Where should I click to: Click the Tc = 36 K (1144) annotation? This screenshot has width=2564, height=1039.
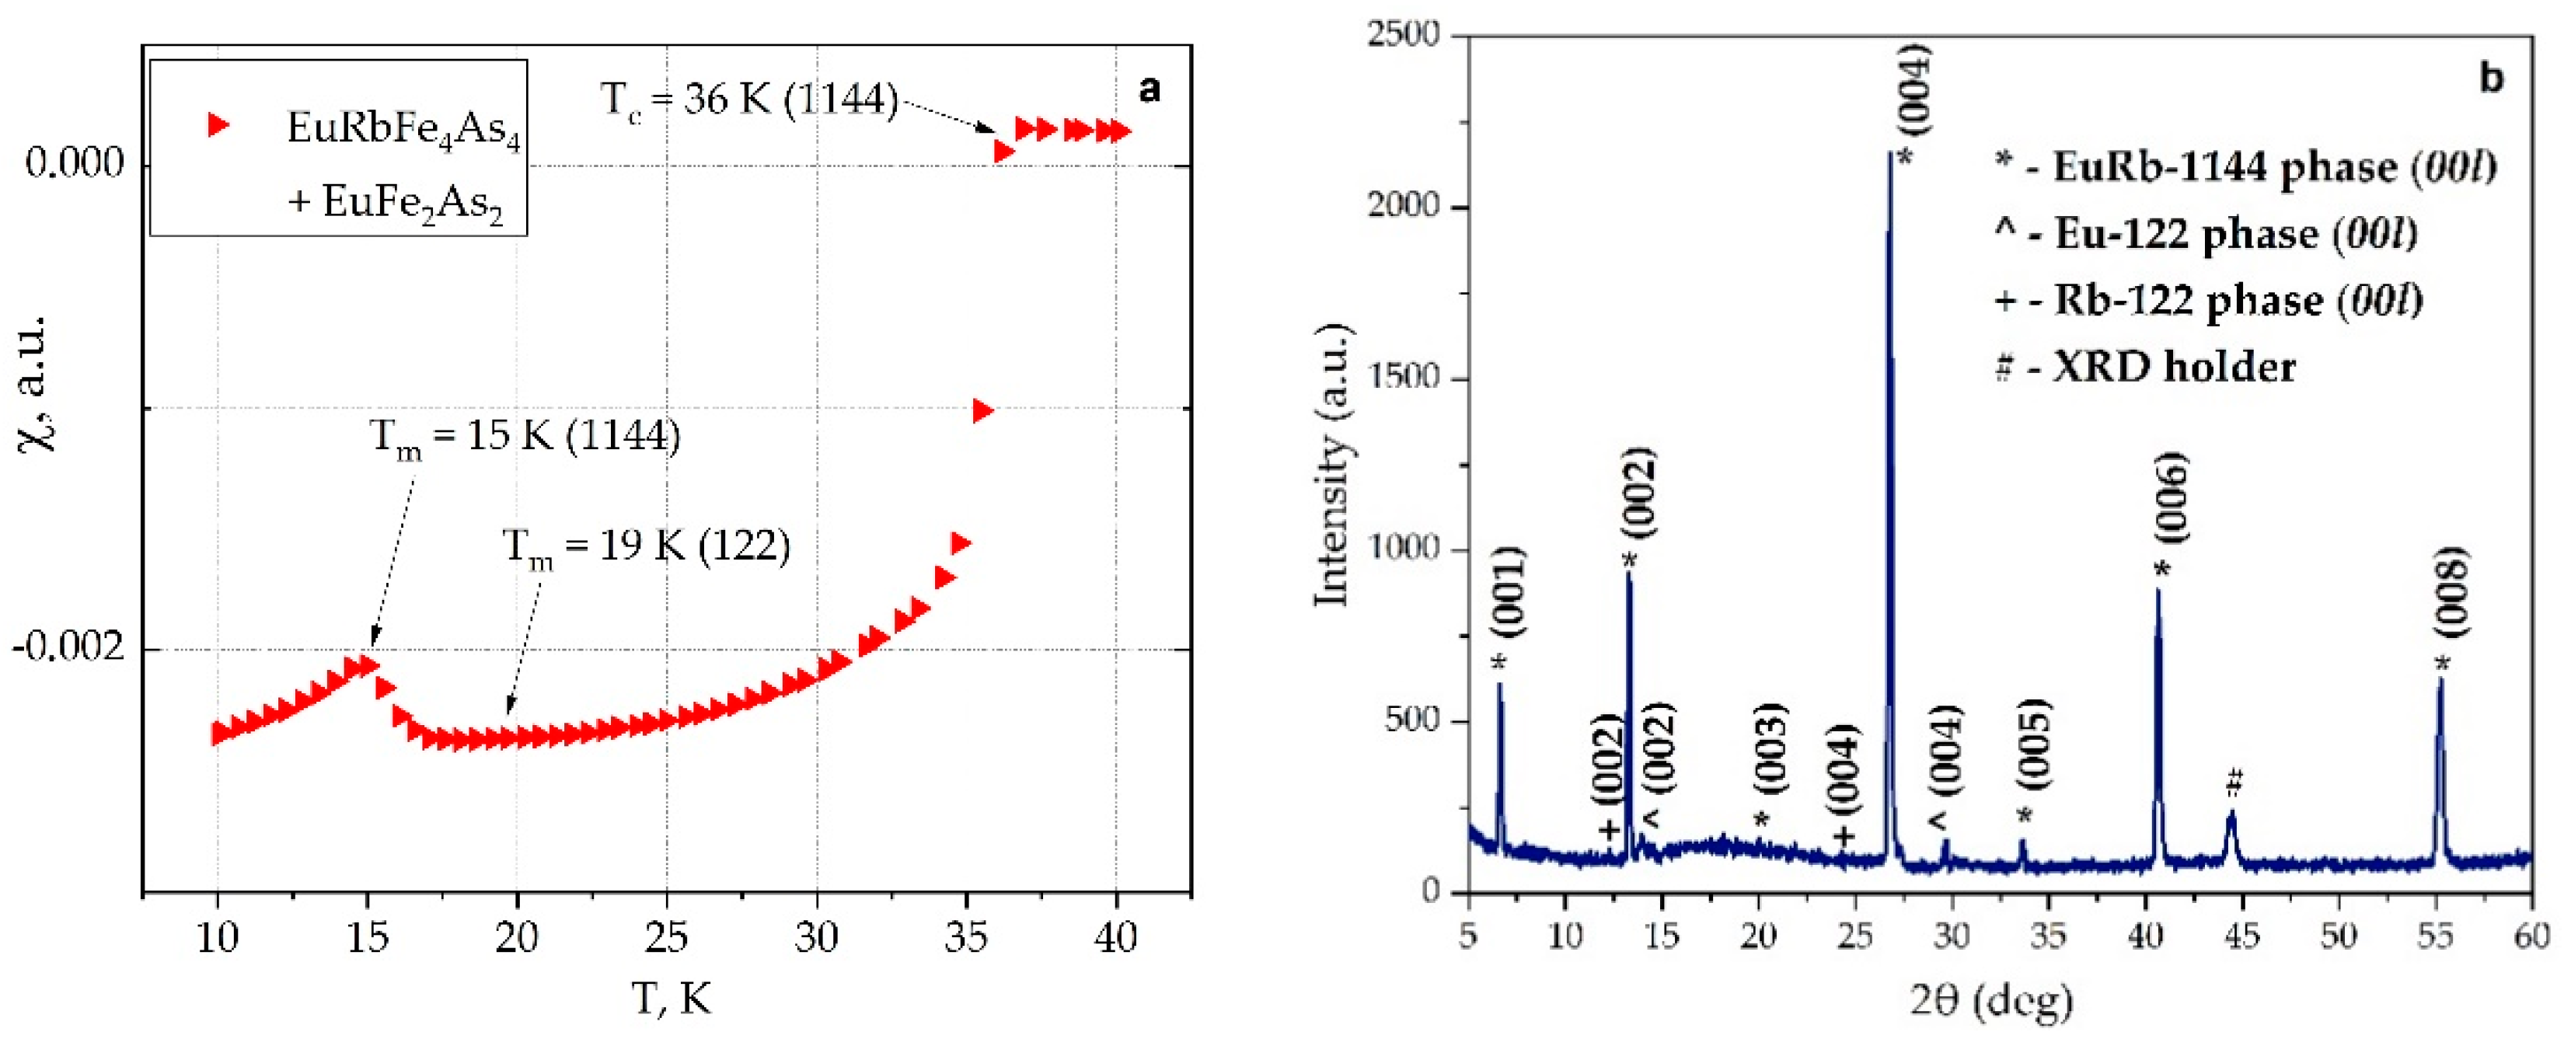tap(748, 100)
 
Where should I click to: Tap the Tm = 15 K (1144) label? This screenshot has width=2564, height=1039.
tap(525, 438)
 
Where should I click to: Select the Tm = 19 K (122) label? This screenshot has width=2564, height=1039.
tap(646, 546)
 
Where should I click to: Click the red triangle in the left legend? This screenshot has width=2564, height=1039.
tap(218, 124)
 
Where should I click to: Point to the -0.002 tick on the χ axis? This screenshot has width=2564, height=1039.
tap(68, 648)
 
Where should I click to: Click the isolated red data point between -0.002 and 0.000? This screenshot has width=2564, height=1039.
tap(982, 411)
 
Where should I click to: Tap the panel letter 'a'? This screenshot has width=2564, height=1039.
tap(1149, 89)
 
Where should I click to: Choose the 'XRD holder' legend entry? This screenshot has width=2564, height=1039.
tap(2146, 368)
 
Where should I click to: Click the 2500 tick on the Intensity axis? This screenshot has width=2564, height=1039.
tap(1404, 35)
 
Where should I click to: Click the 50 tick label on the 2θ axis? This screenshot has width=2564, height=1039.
tap(2338, 936)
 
